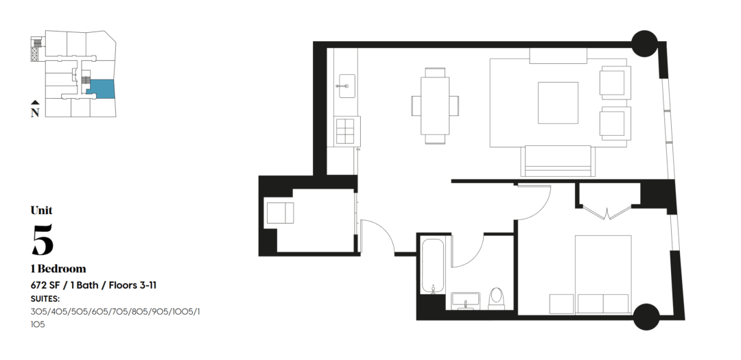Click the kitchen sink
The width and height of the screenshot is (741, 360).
click(x=347, y=86)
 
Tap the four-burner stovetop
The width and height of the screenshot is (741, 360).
click(x=346, y=131)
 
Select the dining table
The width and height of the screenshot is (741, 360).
click(x=435, y=106)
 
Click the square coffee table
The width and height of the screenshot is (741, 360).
click(x=558, y=103)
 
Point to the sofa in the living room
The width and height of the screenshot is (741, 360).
click(x=558, y=161)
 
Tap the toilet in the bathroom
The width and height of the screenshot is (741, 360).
click(x=496, y=298)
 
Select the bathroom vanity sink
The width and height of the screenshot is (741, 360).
click(x=465, y=300)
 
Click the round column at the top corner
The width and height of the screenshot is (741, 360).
click(x=644, y=43)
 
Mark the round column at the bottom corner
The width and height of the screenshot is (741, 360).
click(x=646, y=317)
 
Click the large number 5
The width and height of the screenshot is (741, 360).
click(x=43, y=239)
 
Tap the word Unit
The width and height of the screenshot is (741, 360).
click(x=42, y=211)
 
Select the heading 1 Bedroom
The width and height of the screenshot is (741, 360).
click(x=58, y=269)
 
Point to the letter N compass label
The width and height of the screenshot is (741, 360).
click(x=35, y=112)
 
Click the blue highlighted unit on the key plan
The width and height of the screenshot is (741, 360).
click(x=101, y=88)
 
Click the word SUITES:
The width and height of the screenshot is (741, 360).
click(x=45, y=298)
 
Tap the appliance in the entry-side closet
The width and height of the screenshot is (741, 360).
click(x=280, y=213)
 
